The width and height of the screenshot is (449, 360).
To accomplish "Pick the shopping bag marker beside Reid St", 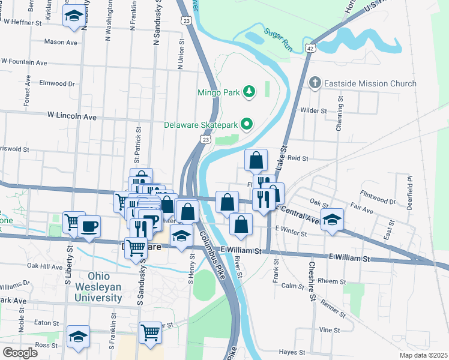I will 256,160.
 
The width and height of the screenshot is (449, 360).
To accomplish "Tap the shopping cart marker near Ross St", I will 150,332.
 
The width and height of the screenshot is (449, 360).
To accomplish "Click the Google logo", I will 20,352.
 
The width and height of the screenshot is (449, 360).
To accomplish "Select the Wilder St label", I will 313,111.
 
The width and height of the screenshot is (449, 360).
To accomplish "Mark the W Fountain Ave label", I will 24,62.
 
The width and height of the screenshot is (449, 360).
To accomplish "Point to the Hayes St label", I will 293,352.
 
